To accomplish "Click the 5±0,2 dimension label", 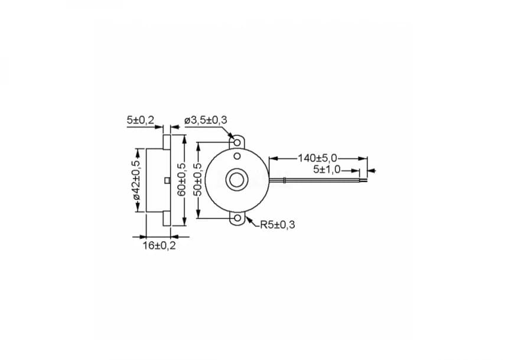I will pyautogui.click(x=140, y=120).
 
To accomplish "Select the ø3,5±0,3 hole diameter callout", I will pyautogui.click(x=206, y=120).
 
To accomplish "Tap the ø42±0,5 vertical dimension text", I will pyautogui.click(x=136, y=180).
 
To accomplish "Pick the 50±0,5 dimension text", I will pyautogui.click(x=198, y=180).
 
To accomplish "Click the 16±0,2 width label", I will pyautogui.click(x=159, y=245).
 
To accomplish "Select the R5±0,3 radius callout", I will pyautogui.click(x=277, y=225).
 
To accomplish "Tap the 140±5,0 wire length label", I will pyautogui.click(x=317, y=158).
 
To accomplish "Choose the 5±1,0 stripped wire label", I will pyautogui.click(x=327, y=170).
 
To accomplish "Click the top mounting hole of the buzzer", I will pyautogui.click(x=237, y=142).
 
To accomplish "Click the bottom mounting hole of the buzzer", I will pyautogui.click(x=237, y=219).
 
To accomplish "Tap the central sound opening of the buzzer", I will pyautogui.click(x=237, y=180).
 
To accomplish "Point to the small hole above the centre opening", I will pyautogui.click(x=237, y=157).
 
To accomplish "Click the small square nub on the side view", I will pyautogui.click(x=168, y=180).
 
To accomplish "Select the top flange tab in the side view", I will pyautogui.click(x=167, y=142).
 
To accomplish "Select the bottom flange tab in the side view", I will pyautogui.click(x=167, y=218).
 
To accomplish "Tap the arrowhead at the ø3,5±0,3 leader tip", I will pyautogui.click(x=231, y=137).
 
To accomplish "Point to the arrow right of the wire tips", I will pyautogui.click(x=372, y=171).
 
